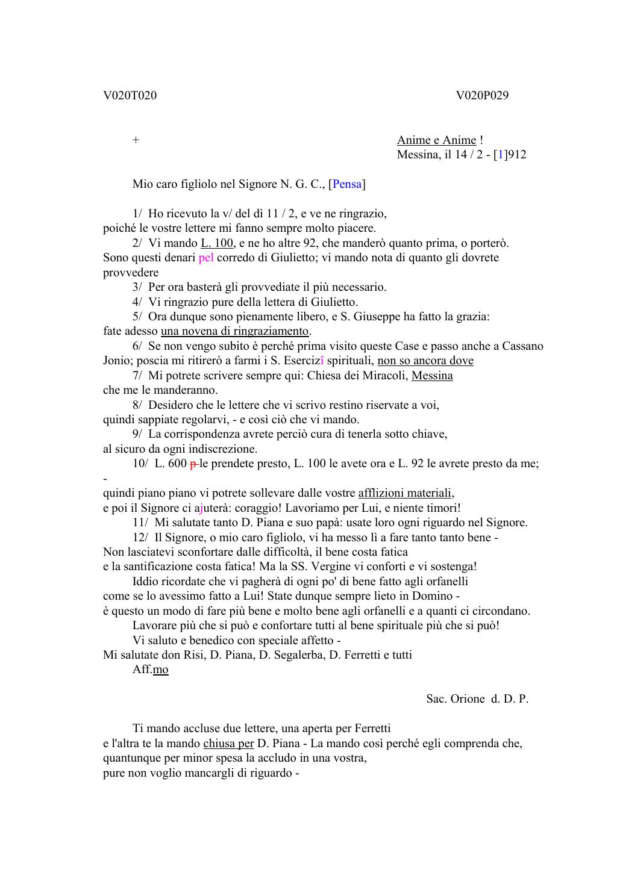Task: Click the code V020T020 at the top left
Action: tap(130, 95)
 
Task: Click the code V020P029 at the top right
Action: tap(482, 95)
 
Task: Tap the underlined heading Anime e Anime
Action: tap(436, 140)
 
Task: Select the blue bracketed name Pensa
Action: tap(346, 184)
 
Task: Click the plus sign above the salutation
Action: tap(136, 140)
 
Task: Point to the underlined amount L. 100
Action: tap(217, 243)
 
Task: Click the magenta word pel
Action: tap(206, 258)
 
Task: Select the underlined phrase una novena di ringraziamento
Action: tap(234, 331)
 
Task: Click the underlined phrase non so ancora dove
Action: tap(425, 361)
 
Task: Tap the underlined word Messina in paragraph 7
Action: tap(432, 376)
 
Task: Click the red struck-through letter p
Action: tap(193, 464)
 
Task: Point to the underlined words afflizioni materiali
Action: tap(406, 493)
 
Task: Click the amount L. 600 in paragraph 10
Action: tap(171, 464)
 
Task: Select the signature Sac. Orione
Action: tap(456, 699)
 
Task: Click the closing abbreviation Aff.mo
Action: tap(151, 670)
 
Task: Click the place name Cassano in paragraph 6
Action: tap(522, 346)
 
